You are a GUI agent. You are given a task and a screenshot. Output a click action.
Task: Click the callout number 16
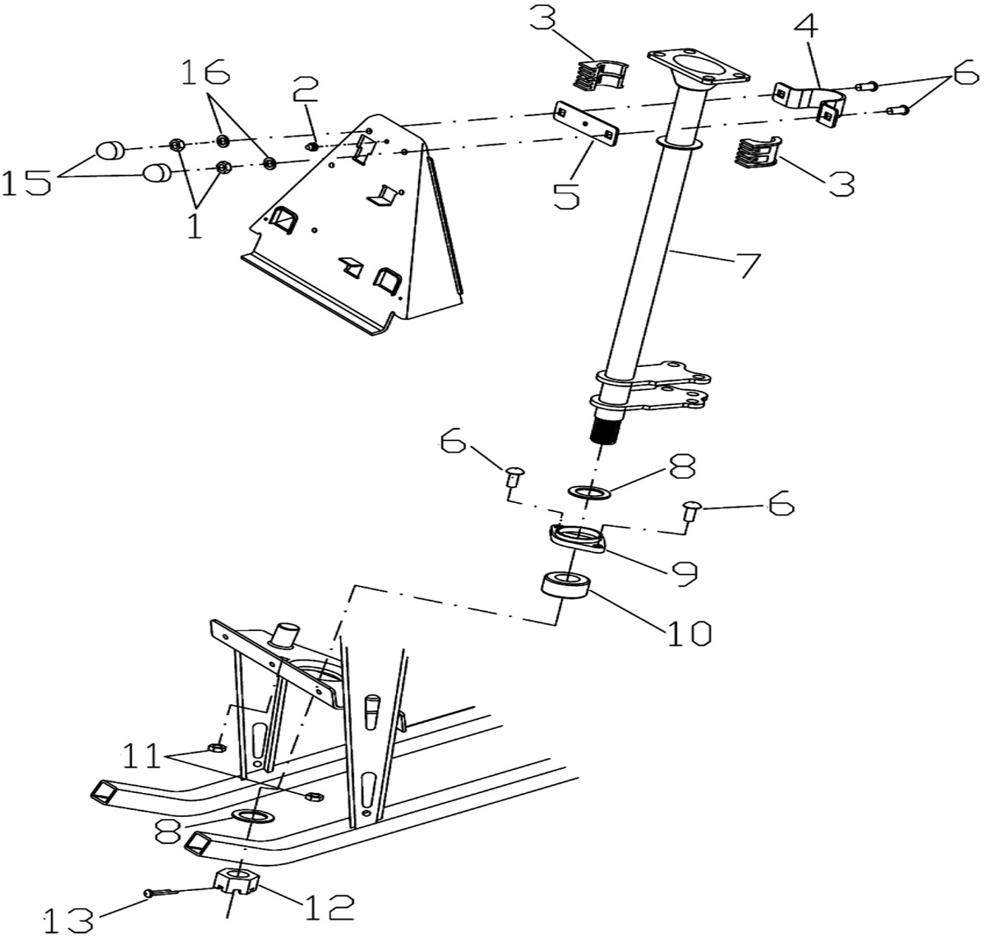pos(206,73)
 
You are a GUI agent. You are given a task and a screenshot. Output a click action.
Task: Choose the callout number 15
pos(26,182)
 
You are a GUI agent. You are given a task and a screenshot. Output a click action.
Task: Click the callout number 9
pos(681,573)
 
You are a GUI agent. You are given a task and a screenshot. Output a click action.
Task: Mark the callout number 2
pos(306,90)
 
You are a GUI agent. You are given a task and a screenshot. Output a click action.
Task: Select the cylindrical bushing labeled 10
pos(565,585)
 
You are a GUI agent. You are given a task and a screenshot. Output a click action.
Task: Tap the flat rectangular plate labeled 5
pos(586,123)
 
